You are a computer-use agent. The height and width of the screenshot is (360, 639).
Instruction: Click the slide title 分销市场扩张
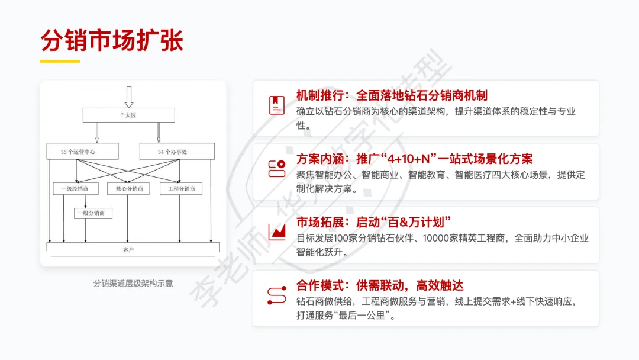(x=112, y=40)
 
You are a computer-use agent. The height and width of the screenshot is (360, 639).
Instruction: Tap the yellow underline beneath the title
(x=60, y=61)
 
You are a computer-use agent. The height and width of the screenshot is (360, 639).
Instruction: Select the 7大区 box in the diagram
(x=128, y=115)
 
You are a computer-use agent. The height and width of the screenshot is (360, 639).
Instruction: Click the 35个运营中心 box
(x=82, y=152)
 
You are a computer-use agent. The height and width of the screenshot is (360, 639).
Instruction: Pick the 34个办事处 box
(x=173, y=152)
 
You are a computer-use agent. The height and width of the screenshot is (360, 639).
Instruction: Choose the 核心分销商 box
(x=128, y=189)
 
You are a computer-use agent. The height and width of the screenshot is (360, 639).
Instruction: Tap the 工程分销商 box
(x=181, y=189)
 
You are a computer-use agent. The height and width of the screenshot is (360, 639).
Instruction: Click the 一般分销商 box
(x=93, y=213)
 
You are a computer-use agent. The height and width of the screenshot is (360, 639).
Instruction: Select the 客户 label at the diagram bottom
(x=128, y=250)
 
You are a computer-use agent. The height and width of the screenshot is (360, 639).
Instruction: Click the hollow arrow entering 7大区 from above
(x=128, y=97)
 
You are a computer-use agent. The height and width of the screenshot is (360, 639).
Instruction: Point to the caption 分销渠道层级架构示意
(x=133, y=283)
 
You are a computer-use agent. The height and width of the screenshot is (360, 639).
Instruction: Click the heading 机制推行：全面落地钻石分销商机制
(x=392, y=95)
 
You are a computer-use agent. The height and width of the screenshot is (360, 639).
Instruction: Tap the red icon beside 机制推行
(x=276, y=105)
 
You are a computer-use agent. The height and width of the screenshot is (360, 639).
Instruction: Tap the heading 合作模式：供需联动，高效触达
(x=379, y=285)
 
